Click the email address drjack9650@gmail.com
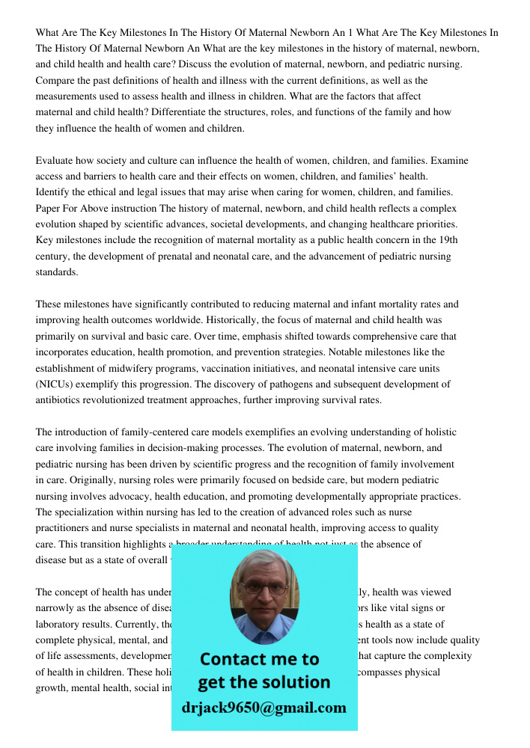pos(264,707)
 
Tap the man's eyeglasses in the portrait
pos(265,589)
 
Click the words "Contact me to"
pos(260,659)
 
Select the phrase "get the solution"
pos(264,682)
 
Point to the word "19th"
pos(447,240)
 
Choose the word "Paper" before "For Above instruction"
pos(49,208)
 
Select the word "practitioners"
pos(63,528)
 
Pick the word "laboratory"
pos(58,624)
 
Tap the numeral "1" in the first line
pos(350,32)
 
